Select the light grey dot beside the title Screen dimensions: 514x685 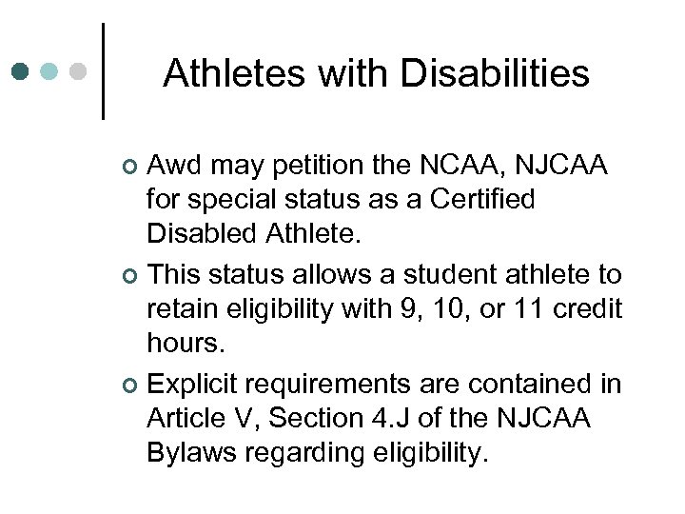(80, 71)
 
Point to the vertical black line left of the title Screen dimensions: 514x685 (102, 71)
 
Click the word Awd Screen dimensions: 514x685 (177, 167)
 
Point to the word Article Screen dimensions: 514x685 (185, 419)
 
